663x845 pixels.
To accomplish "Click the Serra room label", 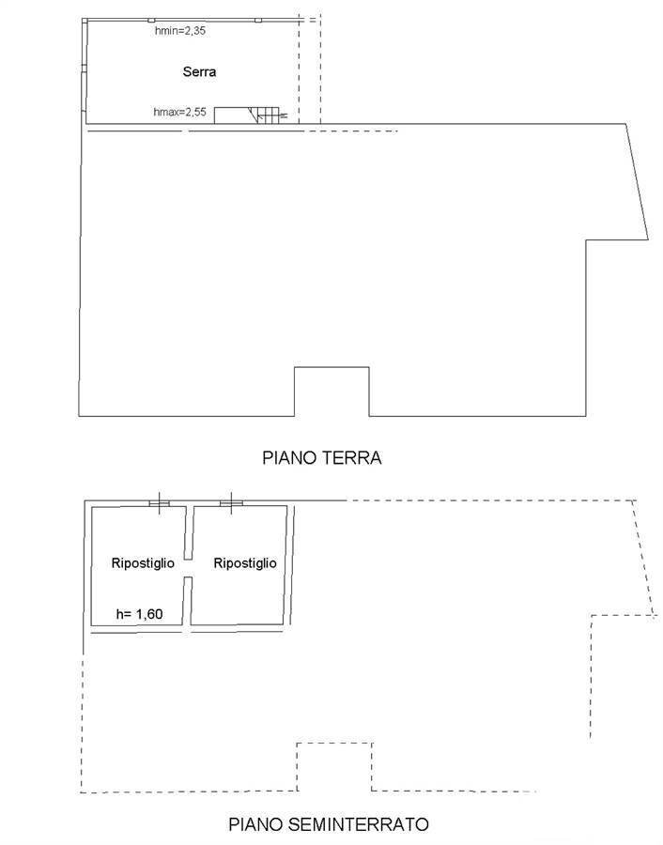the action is (x=199, y=71).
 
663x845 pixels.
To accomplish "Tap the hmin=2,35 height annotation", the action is (x=180, y=31).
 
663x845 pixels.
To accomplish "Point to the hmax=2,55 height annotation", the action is (x=180, y=112).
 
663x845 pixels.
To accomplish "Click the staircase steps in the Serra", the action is (x=268, y=115).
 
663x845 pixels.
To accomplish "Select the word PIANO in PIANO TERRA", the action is (x=289, y=457).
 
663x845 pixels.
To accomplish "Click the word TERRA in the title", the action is (x=351, y=457).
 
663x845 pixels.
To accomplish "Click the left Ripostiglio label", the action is (x=143, y=563).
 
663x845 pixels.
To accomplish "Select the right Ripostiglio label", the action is (x=245, y=563).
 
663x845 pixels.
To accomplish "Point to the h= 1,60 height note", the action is (x=140, y=614).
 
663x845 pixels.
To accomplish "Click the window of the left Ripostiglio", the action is (x=159, y=503).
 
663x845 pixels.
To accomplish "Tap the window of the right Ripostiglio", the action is (x=231, y=503).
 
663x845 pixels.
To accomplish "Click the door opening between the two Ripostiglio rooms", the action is (x=188, y=568).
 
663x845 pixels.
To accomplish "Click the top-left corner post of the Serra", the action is (x=85, y=21).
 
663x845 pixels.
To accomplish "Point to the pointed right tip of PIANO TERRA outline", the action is (x=648, y=239).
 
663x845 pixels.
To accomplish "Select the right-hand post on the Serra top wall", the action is (x=258, y=21).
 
